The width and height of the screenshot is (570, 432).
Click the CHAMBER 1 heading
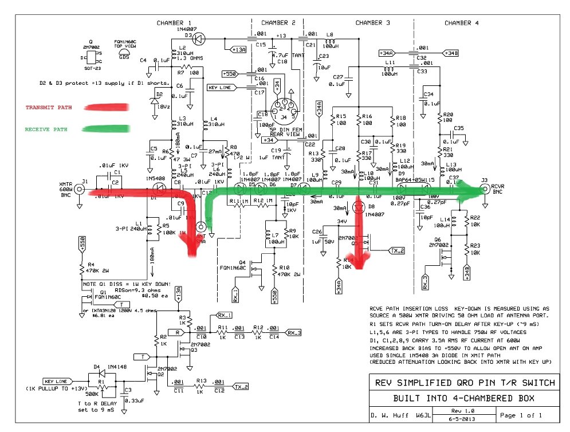174,23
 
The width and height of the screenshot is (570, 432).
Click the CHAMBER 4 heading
462,23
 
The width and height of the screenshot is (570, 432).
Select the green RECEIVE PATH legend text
46,129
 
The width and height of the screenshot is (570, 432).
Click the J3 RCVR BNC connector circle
485,188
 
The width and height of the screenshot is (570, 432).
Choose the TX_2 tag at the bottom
241,387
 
